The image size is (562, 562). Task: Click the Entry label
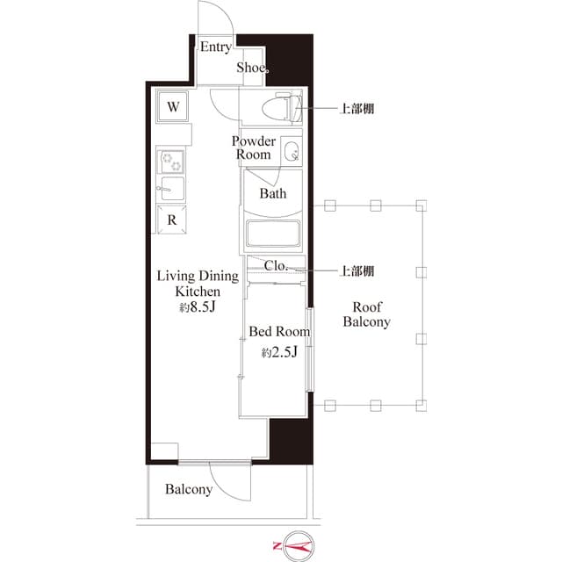coord(216,47)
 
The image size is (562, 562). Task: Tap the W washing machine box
coord(174,107)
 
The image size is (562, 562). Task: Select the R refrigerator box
coord(173,220)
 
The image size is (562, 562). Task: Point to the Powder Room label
coord(254,148)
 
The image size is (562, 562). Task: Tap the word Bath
coord(272,194)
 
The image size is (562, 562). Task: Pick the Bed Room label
coord(279,332)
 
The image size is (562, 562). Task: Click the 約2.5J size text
coord(279,353)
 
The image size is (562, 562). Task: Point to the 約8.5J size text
coord(197,307)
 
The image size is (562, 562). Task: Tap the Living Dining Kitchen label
coord(197,284)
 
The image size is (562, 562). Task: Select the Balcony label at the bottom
coord(189,489)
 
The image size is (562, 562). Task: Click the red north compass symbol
coord(297,546)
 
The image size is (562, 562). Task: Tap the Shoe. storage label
coord(252,68)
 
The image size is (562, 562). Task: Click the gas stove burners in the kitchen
coord(171,161)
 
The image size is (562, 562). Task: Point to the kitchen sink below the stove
coord(171,188)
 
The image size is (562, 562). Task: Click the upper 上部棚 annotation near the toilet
coord(358,110)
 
